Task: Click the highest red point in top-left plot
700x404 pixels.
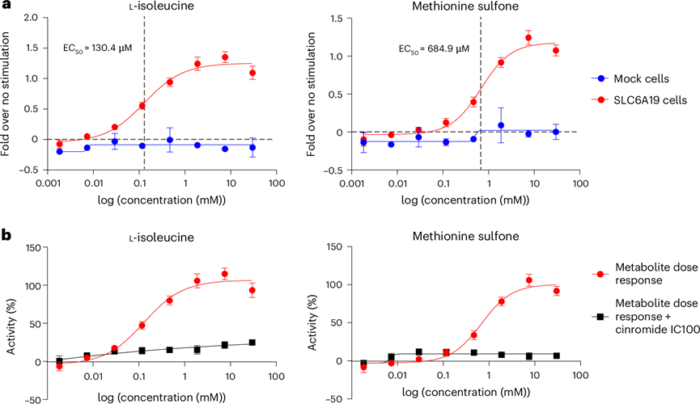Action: tap(225, 57)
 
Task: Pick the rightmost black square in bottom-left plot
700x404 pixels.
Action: tap(253, 343)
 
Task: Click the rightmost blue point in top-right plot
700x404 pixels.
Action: tap(555, 132)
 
